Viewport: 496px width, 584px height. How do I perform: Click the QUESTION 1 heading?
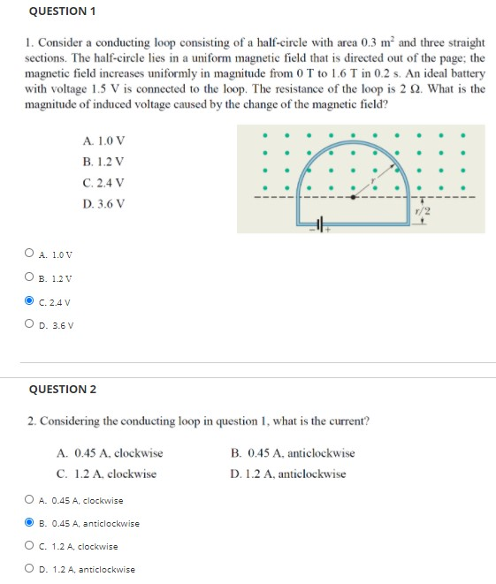[62, 11]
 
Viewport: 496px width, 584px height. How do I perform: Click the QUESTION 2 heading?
[63, 389]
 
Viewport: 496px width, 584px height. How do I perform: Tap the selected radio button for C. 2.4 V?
[30, 300]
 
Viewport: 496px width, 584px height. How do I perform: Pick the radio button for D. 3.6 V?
[30, 323]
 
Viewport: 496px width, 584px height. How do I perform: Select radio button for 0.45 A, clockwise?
[30, 501]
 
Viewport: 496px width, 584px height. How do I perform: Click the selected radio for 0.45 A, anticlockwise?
[30, 523]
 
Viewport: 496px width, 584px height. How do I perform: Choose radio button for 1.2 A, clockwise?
[30, 546]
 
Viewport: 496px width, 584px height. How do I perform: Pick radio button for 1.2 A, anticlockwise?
[30, 569]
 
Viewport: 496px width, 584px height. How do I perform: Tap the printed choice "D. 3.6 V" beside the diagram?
[103, 204]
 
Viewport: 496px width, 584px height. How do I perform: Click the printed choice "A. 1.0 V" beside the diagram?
[103, 140]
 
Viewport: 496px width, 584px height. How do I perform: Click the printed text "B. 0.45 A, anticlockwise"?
[293, 453]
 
